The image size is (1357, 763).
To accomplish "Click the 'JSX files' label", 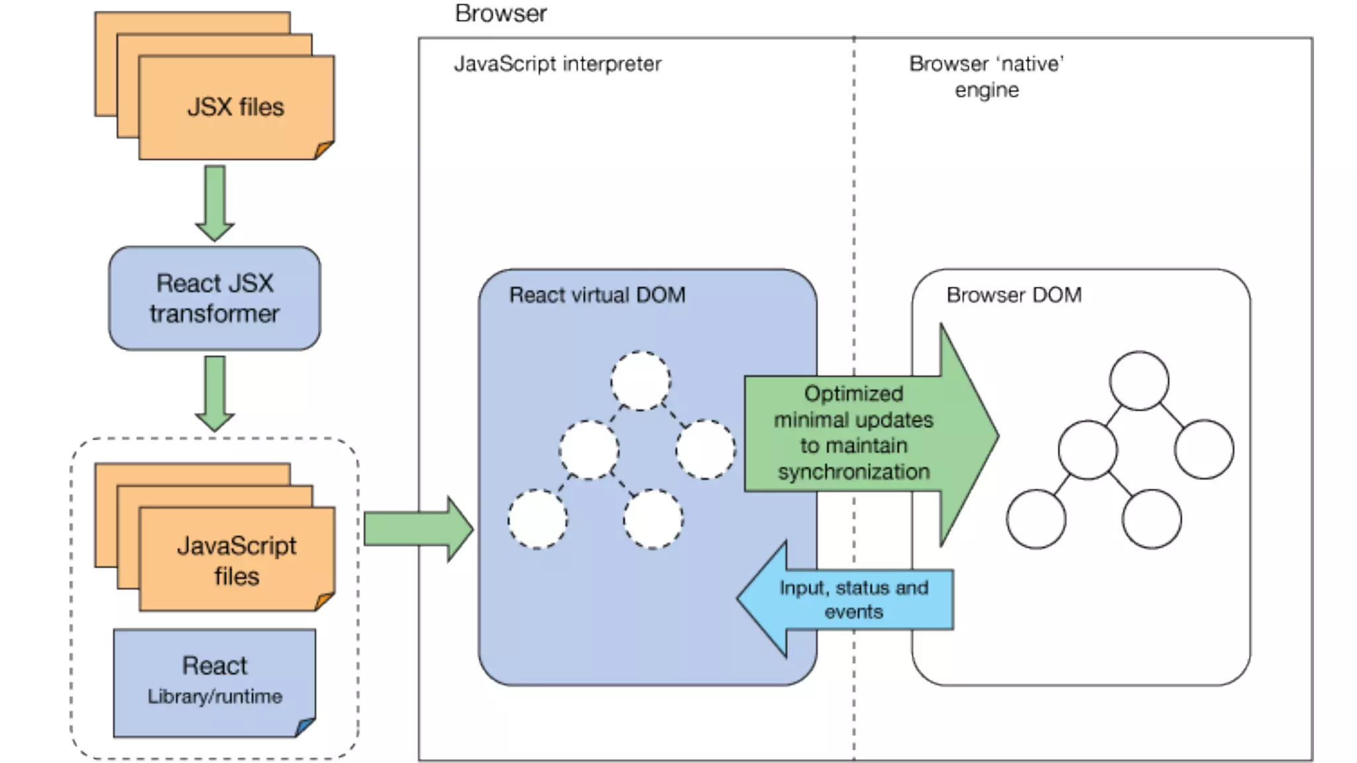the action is click(x=236, y=107).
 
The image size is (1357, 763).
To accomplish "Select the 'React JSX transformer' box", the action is click(x=215, y=298).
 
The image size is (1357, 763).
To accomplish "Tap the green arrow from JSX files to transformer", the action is click(x=215, y=203).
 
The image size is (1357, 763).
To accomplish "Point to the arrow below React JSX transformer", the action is click(x=215, y=394).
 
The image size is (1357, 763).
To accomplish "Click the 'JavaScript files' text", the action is click(x=237, y=560).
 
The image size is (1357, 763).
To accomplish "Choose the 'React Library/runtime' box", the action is click(x=215, y=683).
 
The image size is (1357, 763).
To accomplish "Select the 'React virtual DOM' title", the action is click(x=597, y=295).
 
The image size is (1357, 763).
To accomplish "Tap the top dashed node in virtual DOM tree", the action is click(x=640, y=381).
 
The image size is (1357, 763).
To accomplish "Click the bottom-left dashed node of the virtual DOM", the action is click(x=537, y=519).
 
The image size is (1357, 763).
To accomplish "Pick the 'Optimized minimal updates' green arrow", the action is click(x=871, y=434).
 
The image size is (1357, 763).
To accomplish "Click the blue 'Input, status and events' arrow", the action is click(x=845, y=599).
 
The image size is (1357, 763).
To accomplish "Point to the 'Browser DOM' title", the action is click(x=1014, y=295).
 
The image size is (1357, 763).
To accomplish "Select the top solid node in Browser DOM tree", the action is click(x=1139, y=381).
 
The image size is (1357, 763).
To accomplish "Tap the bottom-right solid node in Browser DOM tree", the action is click(x=1152, y=519).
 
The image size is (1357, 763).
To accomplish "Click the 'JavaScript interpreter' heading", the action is click(x=557, y=64).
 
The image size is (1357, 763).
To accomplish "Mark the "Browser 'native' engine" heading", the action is click(x=987, y=76).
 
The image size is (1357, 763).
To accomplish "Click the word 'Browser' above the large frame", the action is click(x=501, y=13).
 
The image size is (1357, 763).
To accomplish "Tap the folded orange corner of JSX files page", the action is click(x=324, y=150).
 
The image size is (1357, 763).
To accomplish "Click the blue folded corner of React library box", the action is click(x=305, y=727).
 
